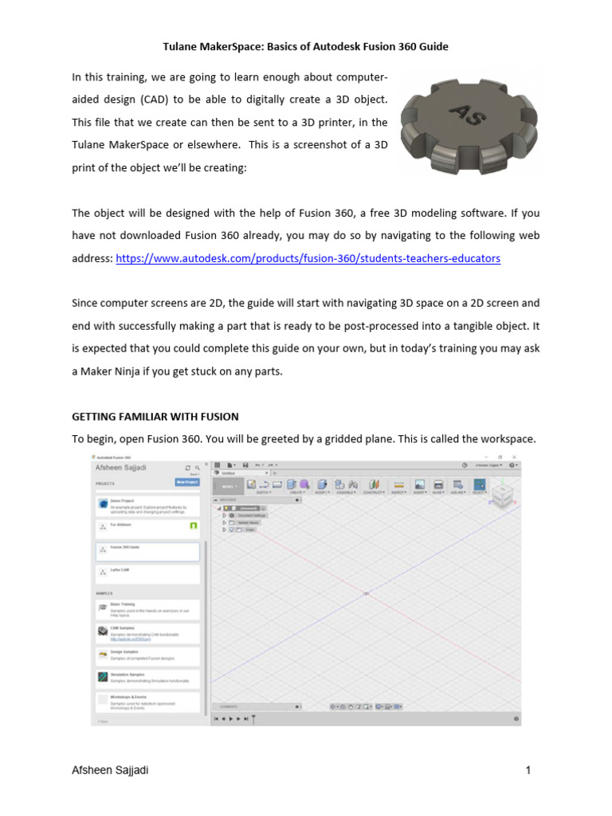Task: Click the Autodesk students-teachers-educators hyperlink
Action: point(308,259)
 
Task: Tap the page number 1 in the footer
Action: point(528,771)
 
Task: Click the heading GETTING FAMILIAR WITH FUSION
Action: point(155,417)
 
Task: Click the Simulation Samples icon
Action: point(103,677)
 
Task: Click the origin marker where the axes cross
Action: point(366,594)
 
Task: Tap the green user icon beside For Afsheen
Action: point(193,527)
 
